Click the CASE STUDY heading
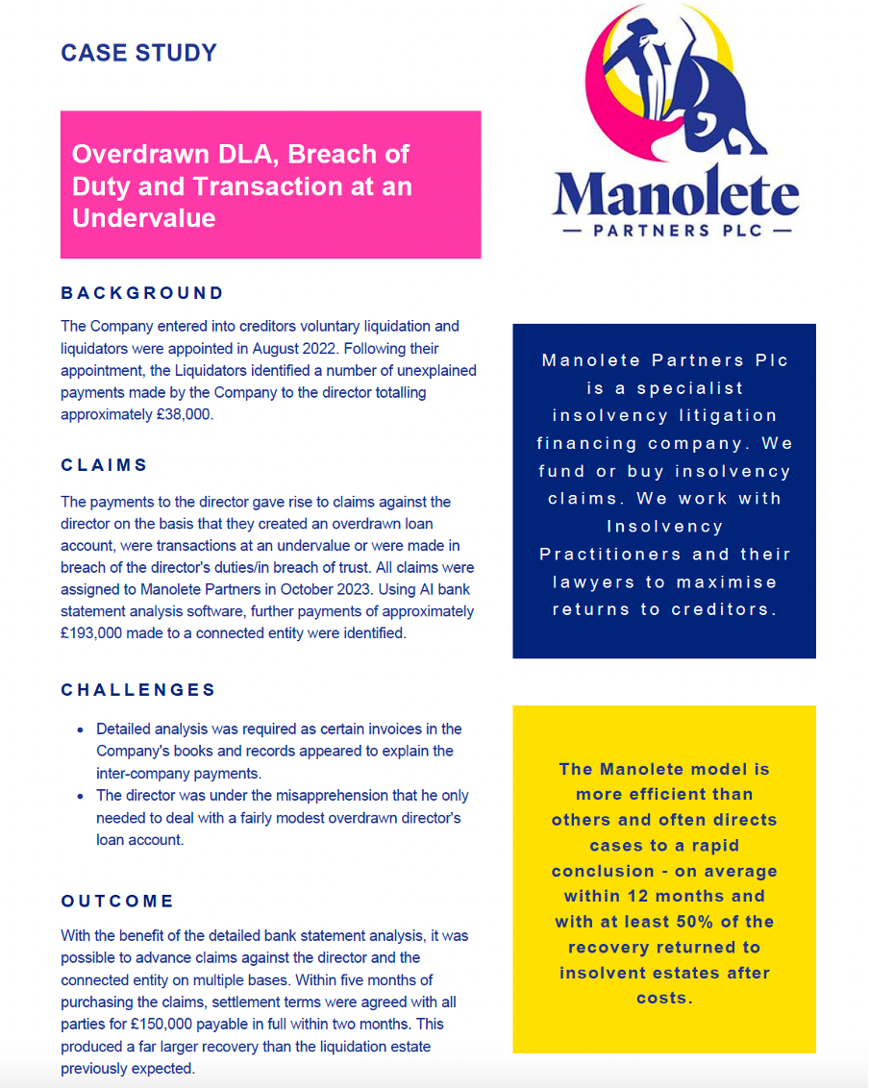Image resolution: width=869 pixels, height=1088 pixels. (138, 53)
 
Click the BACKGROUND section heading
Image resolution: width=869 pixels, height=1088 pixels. (142, 293)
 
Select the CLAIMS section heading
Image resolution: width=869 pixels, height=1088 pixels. (105, 465)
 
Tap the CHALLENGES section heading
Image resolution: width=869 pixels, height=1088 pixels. (138, 690)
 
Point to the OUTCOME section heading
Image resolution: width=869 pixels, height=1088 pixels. (117, 901)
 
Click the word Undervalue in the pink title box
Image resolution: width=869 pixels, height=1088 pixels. (143, 218)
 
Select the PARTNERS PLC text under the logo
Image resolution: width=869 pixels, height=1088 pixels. (676, 231)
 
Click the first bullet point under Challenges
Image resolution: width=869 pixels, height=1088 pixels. (80, 729)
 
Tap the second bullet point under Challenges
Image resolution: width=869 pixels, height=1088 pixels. (80, 796)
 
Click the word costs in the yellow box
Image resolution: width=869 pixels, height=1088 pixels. (664, 998)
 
